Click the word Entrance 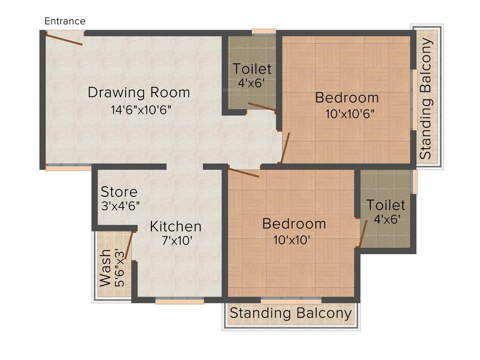65,21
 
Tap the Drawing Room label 139,92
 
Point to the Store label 119,192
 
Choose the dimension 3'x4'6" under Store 120,206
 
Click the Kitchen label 175,226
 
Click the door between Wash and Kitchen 128,242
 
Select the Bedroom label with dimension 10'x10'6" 347,98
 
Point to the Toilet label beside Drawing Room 252,69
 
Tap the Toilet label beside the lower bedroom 386,205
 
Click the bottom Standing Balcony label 290,314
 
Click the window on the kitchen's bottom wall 180,301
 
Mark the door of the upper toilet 261,107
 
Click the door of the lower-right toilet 362,233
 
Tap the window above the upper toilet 263,32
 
